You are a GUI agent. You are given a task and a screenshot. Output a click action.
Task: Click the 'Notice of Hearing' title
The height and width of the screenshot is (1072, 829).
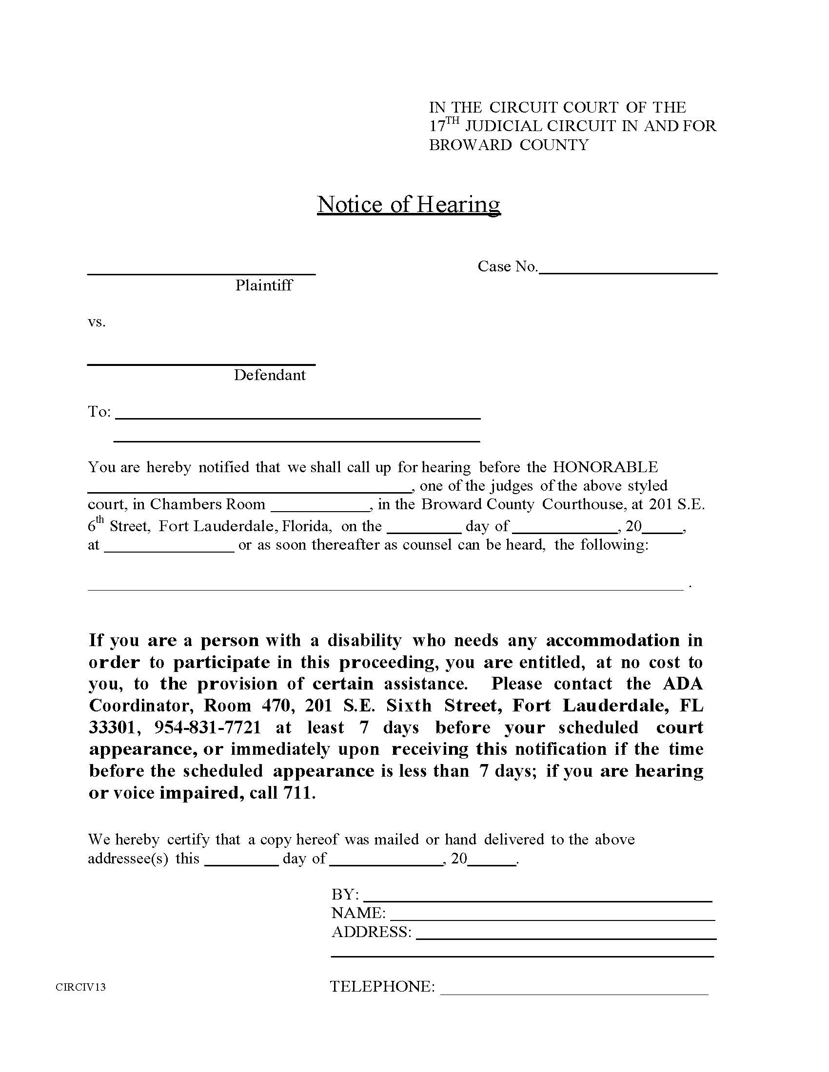coord(409,204)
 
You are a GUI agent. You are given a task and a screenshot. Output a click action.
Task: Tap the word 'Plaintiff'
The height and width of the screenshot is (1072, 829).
coord(264,285)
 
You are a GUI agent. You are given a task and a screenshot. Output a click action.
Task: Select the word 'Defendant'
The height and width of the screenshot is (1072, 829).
coord(270,375)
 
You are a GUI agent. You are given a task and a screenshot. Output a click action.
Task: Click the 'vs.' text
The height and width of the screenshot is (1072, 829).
coord(97,322)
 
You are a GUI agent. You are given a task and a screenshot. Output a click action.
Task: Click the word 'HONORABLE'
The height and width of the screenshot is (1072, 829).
coord(605,467)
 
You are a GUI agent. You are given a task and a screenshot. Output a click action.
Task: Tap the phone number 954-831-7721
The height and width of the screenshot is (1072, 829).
coord(208,727)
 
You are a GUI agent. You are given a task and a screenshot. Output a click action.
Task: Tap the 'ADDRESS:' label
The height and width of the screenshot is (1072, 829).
coord(371,932)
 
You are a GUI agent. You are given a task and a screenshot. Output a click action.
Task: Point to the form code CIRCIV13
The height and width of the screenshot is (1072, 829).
coord(80,987)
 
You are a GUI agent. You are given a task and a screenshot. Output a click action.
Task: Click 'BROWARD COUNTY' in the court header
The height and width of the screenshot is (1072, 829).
coord(508,145)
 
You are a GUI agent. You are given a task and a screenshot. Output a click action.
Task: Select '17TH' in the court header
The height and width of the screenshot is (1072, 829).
coord(444,125)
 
